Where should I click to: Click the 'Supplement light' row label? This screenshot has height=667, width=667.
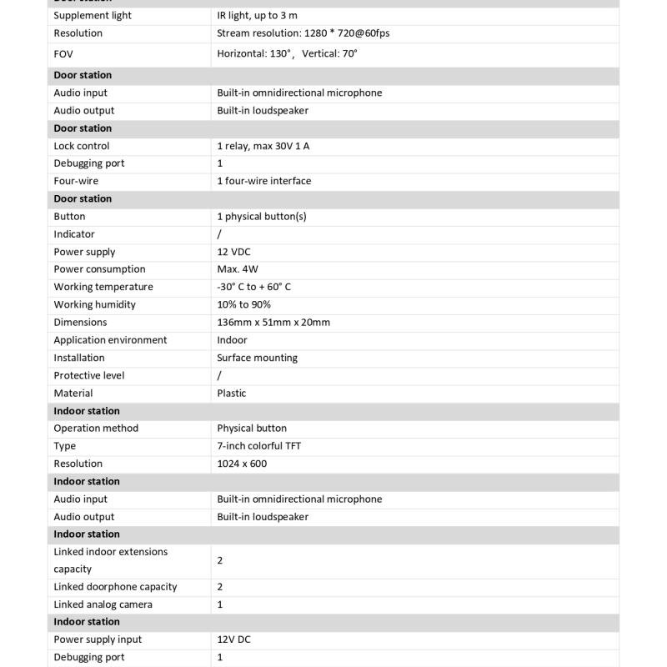coord(93,16)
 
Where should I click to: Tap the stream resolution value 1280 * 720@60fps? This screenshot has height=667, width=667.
coord(303,33)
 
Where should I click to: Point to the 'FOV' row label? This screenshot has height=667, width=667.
coord(64,53)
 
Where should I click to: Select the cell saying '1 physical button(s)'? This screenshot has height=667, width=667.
coord(262,216)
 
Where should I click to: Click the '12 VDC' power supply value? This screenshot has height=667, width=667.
coord(233,252)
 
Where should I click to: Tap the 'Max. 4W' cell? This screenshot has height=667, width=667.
coord(238,269)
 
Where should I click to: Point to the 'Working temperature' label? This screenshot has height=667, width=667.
coord(103,287)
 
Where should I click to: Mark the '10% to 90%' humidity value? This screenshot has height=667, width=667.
coord(243,304)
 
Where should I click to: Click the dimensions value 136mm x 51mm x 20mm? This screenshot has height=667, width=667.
coord(273,323)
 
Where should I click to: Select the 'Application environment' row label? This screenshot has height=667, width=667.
coord(110,340)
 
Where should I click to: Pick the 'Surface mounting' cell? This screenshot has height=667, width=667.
coord(257,358)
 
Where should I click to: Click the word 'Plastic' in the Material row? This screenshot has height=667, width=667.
coord(232,394)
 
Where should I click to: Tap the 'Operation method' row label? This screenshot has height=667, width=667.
coord(96,429)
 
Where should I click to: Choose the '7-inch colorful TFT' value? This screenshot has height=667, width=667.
coord(259,446)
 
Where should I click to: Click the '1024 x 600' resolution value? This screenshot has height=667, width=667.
coord(242,464)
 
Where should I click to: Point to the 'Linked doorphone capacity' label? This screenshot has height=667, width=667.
coord(115,587)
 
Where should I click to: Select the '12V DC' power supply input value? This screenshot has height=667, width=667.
coord(234,639)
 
